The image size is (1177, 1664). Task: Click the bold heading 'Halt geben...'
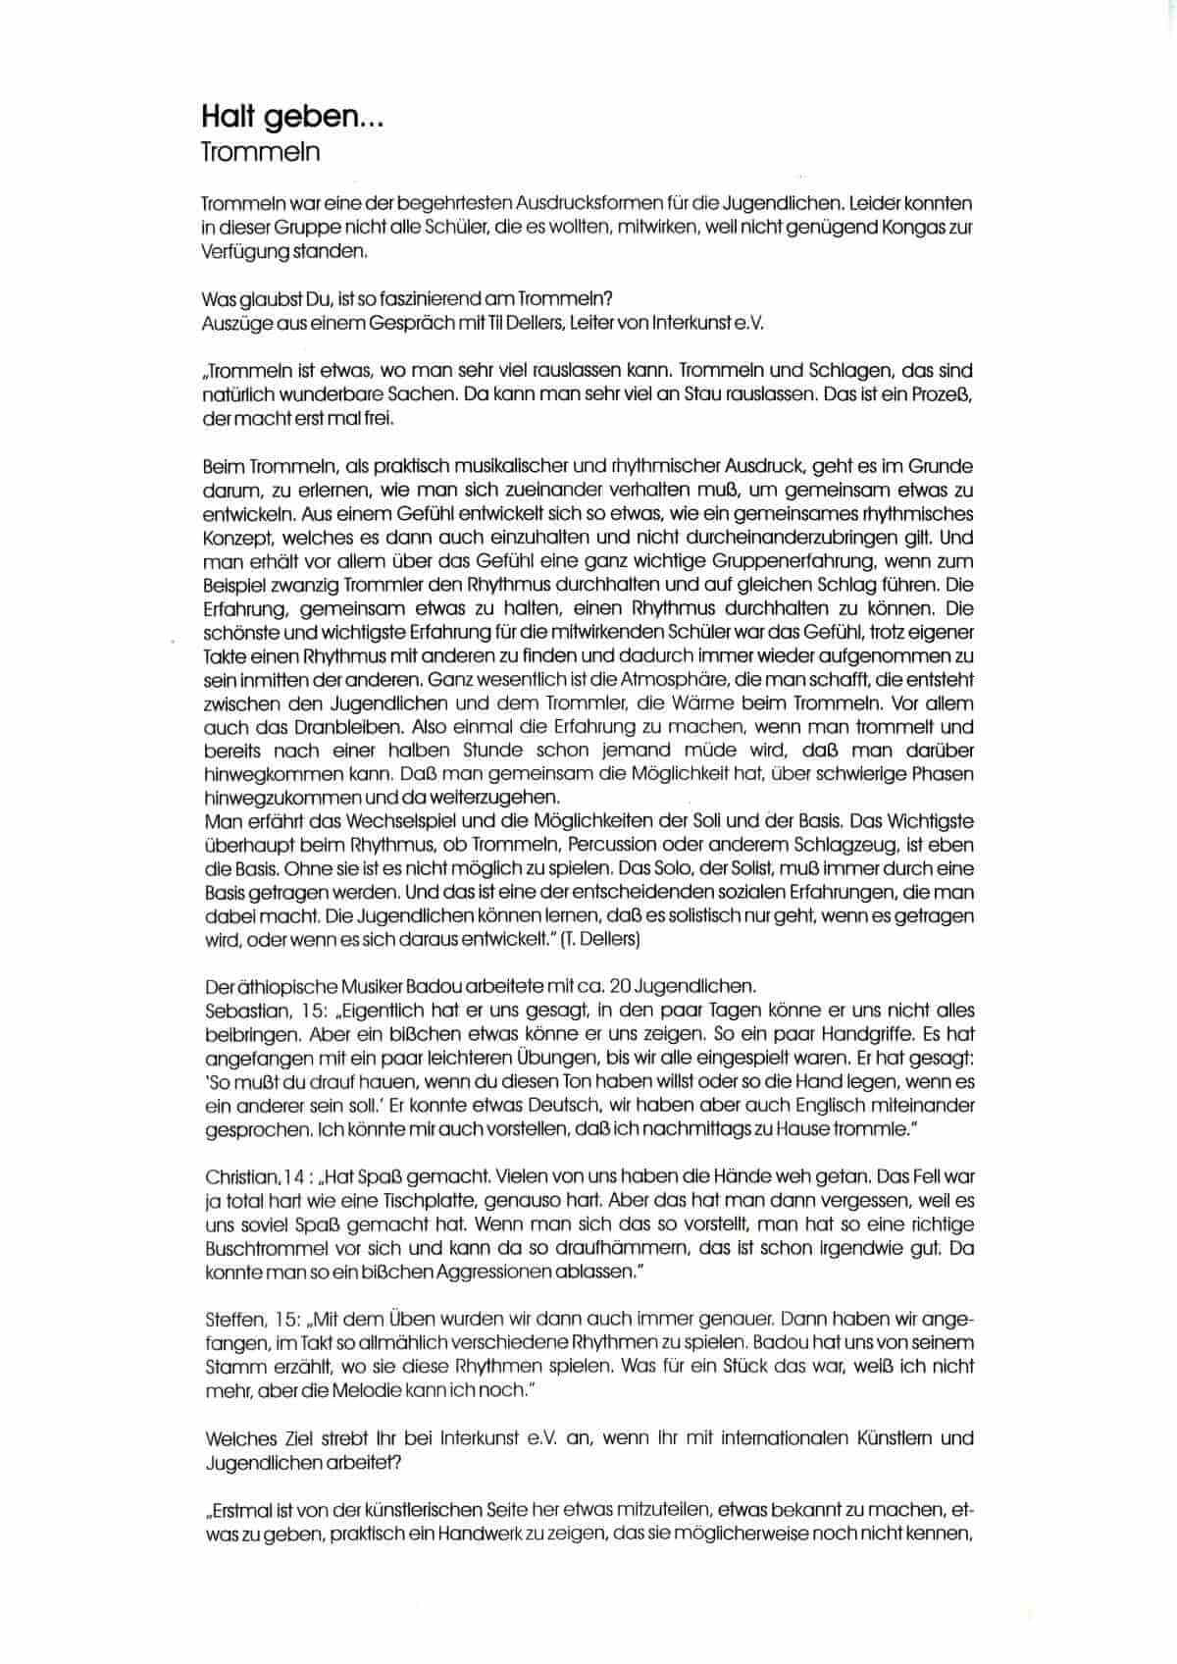tap(292, 118)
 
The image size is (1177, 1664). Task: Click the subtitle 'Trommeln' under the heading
tap(260, 153)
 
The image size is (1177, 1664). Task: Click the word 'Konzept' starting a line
tap(239, 538)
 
